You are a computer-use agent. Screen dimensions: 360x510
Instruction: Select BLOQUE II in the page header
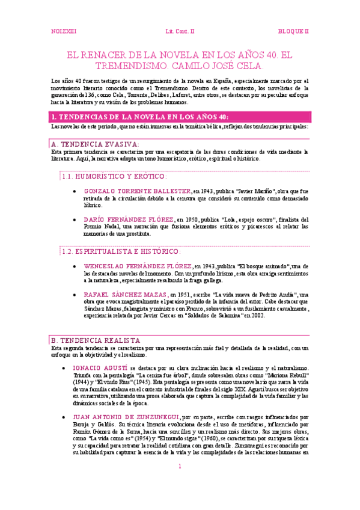pos(293,30)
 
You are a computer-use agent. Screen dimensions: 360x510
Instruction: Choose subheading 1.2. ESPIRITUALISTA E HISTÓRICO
pos(121,251)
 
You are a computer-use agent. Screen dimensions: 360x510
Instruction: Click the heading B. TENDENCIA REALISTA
pos(96,340)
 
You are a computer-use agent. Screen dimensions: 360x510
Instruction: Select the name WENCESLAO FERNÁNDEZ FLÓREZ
pos(138,265)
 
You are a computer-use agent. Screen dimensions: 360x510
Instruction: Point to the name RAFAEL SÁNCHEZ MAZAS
pos(126,295)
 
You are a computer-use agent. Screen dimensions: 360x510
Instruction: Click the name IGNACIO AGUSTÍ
pos(99,367)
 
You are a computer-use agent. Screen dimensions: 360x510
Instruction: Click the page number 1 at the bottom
pos(179,484)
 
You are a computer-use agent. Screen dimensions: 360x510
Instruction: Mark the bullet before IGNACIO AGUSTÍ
pos(63,367)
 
